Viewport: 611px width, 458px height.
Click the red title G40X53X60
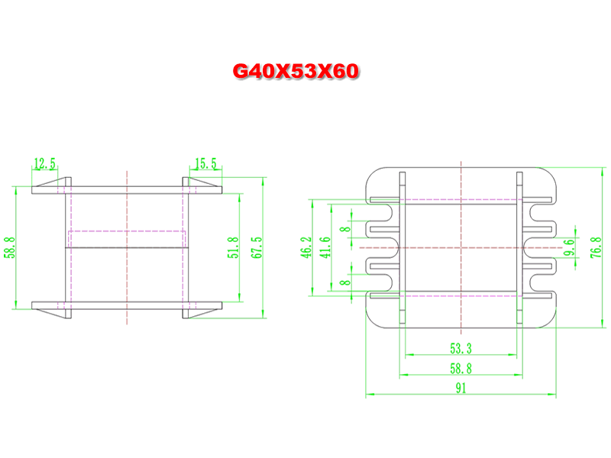click(x=296, y=71)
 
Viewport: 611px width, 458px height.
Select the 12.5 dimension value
click(x=45, y=163)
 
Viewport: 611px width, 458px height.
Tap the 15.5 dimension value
click(x=205, y=163)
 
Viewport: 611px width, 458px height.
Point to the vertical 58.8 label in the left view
click(x=10, y=247)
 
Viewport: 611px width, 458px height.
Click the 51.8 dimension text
click(x=233, y=247)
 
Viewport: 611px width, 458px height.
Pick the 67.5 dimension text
click(x=257, y=247)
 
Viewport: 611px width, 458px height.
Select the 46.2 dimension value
click(x=306, y=247)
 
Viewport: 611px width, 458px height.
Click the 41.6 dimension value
click(x=325, y=247)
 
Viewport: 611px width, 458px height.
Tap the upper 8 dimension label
click(x=345, y=229)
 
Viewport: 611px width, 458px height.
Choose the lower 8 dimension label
click(x=345, y=282)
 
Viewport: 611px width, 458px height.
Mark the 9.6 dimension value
click(x=569, y=247)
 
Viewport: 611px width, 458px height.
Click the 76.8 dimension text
click(x=596, y=247)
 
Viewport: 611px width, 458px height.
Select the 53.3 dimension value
click(x=461, y=348)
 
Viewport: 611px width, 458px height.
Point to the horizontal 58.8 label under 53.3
click(x=461, y=369)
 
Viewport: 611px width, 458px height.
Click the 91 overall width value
click(x=461, y=389)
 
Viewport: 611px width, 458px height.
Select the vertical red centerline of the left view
click(x=127, y=247)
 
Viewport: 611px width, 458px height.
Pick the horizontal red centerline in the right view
click(x=461, y=247)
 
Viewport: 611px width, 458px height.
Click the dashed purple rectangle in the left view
click(x=127, y=231)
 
